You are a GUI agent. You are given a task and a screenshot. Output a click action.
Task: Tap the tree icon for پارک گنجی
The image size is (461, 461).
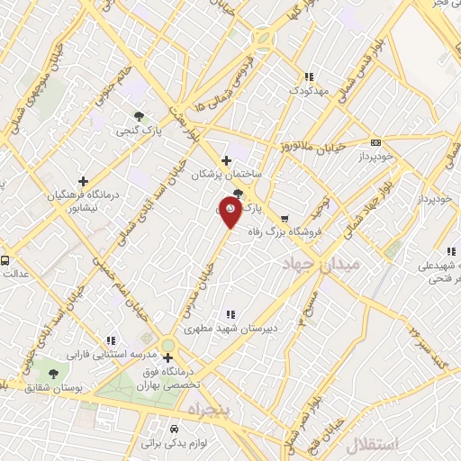tap(139, 115)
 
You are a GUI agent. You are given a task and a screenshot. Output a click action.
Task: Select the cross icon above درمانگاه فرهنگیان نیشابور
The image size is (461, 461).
tap(83, 180)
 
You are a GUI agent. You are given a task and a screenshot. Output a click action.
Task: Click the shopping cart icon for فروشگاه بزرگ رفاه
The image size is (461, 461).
tap(285, 219)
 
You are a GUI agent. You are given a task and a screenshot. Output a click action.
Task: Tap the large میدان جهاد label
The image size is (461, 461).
tap(321, 263)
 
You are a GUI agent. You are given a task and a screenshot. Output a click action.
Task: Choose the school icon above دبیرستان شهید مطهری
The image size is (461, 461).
tap(230, 314)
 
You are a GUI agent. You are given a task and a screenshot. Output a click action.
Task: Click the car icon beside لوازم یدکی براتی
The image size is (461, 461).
tap(174, 429)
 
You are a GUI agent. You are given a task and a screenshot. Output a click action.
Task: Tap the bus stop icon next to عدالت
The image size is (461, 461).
tap(5, 261)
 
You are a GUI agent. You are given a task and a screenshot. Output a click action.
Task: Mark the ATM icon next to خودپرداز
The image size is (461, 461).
tap(375, 142)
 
